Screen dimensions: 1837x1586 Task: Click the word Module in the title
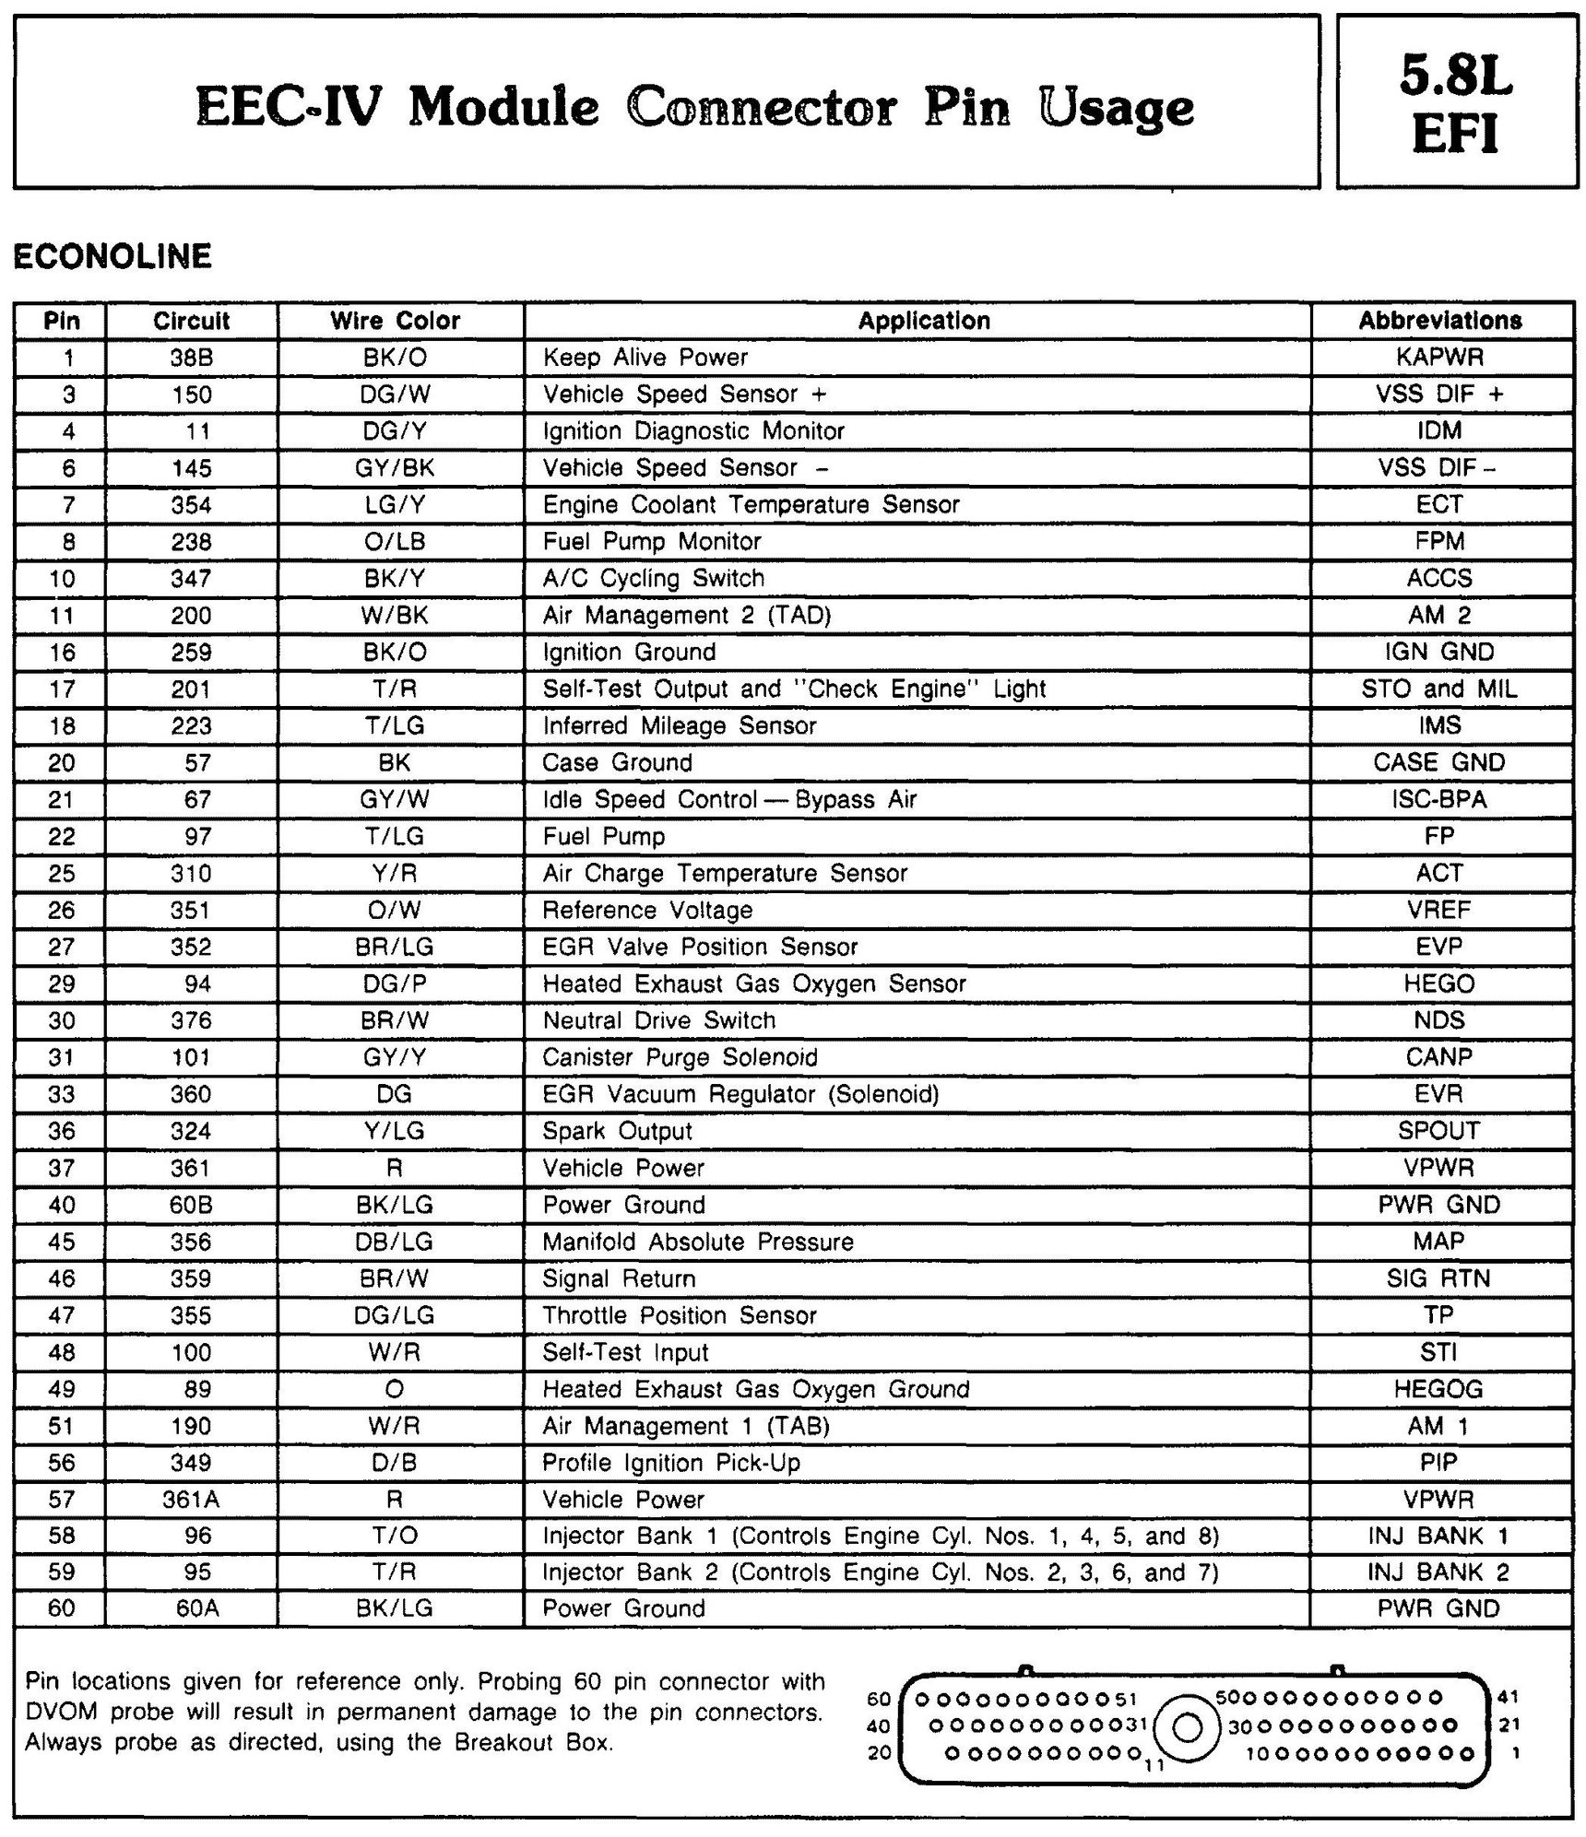[503, 108]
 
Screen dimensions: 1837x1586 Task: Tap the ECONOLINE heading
[112, 255]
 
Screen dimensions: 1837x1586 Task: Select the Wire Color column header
[395, 321]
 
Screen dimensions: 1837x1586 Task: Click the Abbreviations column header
[1439, 321]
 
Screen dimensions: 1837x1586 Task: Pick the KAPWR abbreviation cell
[1439, 358]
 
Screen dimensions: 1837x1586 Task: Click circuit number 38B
[191, 358]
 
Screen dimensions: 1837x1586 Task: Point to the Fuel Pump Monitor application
[651, 541]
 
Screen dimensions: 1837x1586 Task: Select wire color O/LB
[395, 541]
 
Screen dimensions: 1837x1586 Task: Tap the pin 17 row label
[62, 689]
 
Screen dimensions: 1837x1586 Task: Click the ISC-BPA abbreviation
[1439, 799]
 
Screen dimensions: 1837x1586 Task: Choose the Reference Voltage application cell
[647, 910]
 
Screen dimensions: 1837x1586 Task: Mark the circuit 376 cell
[191, 1020]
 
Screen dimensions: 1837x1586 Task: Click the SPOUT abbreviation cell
[1439, 1131]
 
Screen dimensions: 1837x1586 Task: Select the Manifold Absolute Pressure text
[697, 1242]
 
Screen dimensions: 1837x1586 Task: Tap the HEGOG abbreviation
[1439, 1389]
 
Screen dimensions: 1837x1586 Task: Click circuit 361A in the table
[191, 1500]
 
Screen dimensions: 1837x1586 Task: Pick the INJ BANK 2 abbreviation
[1439, 1572]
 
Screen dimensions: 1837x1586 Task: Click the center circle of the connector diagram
[1189, 1726]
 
